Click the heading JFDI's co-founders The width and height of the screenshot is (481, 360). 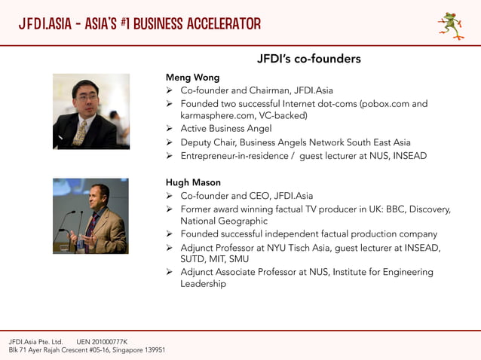pyautogui.click(x=308, y=59)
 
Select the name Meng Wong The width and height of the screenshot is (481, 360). pyautogui.click(x=192, y=78)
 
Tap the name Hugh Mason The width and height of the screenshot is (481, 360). pyautogui.click(x=193, y=182)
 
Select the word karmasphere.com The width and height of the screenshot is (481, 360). pyautogui.click(x=219, y=116)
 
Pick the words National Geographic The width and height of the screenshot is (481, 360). pyautogui.click(x=223, y=221)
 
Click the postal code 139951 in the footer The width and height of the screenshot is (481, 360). pyautogui.click(x=154, y=350)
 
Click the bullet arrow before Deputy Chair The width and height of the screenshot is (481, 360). pyautogui.click(x=170, y=142)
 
